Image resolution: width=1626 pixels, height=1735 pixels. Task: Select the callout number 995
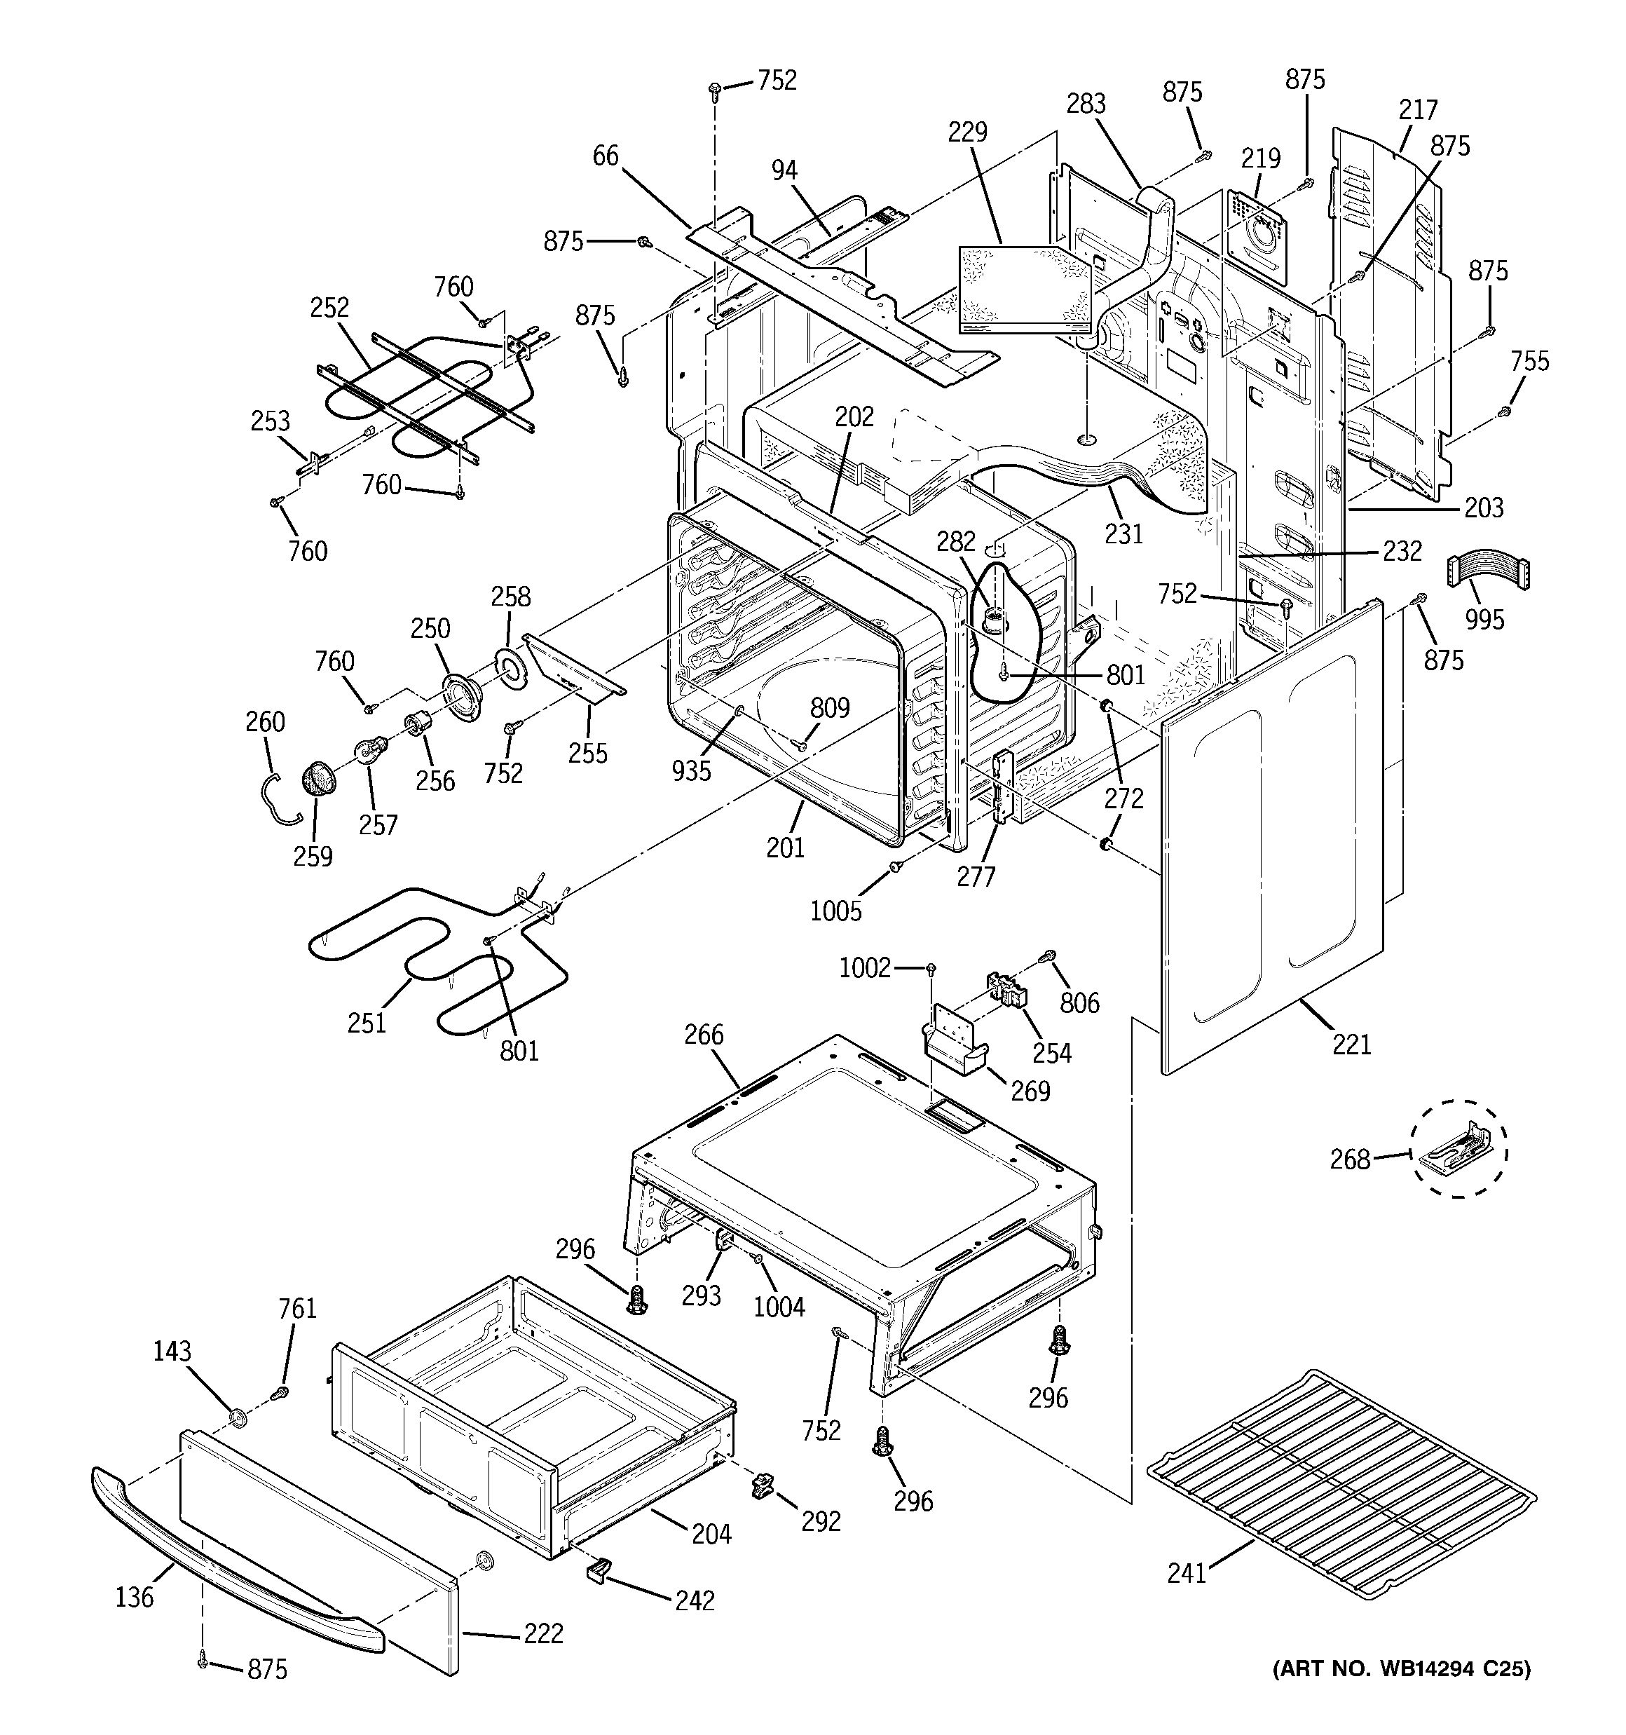point(1484,620)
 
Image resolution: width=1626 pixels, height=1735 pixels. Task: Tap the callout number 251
point(367,1023)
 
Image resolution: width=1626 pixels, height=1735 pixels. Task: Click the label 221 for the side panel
point(1351,1044)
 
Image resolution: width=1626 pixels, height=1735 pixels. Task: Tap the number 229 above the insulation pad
point(967,132)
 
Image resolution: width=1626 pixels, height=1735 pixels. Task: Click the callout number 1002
point(864,968)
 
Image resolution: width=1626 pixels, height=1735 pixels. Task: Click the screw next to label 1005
point(896,866)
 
